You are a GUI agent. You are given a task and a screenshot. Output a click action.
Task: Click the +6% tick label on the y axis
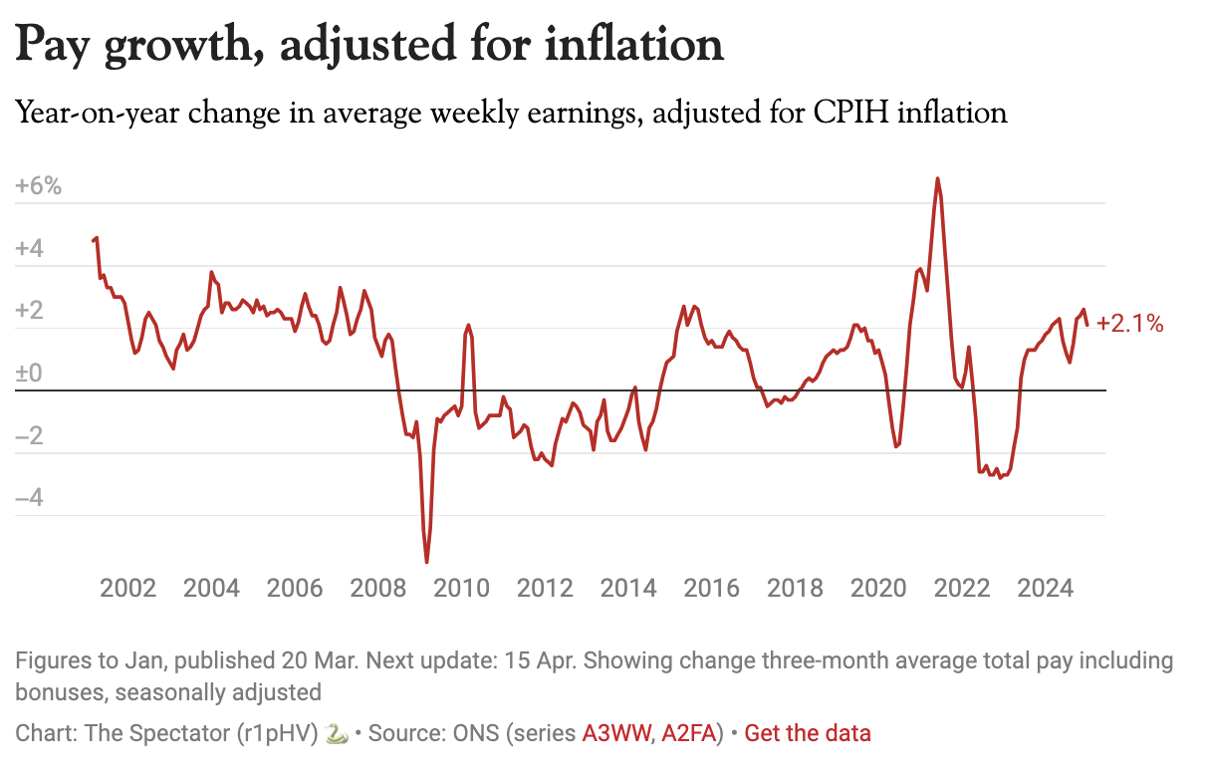(39, 186)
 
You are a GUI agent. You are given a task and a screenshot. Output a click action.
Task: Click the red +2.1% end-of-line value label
(1129, 323)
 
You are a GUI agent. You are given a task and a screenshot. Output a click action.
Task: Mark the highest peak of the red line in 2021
(937, 179)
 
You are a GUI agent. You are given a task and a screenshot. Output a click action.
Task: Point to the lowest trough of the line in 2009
(427, 562)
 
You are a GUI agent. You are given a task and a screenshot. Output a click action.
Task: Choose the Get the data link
(808, 734)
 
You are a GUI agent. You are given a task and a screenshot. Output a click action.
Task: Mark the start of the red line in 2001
(93, 240)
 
